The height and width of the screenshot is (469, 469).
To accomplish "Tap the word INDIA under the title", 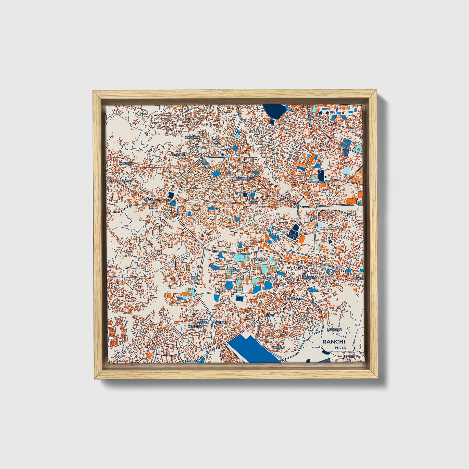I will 339,348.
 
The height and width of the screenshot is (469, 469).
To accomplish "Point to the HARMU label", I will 216,144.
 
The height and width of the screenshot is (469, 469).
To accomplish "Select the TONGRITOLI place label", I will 180,155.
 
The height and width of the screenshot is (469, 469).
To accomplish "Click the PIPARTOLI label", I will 125,181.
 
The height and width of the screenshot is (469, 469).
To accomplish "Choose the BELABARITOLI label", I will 246,179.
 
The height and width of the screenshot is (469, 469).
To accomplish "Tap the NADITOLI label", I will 261,259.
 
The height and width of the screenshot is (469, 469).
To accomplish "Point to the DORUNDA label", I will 309,278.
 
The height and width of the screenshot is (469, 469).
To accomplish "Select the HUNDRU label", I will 296,298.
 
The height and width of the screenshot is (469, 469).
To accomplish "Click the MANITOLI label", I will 278,347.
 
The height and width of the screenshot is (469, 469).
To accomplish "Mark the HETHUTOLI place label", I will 350,356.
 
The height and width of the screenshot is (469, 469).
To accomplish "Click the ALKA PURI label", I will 194,278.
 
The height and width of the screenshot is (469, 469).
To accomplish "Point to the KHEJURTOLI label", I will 190,361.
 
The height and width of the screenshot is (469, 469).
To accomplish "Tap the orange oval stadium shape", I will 301,240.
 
